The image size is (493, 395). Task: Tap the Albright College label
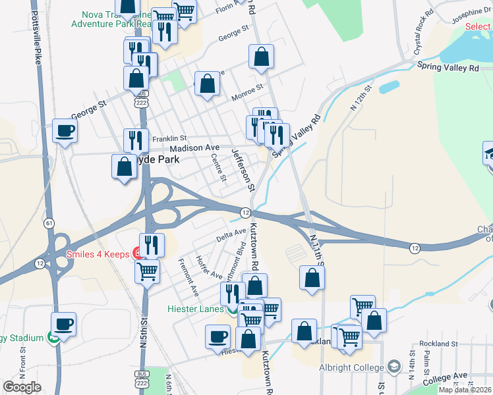(351, 367)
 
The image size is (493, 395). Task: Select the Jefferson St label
(242, 170)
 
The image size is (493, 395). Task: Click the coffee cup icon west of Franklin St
(65, 130)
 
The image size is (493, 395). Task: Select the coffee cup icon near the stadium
(63, 324)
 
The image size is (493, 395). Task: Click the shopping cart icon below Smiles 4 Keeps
(147, 271)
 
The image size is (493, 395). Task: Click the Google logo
(22, 386)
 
